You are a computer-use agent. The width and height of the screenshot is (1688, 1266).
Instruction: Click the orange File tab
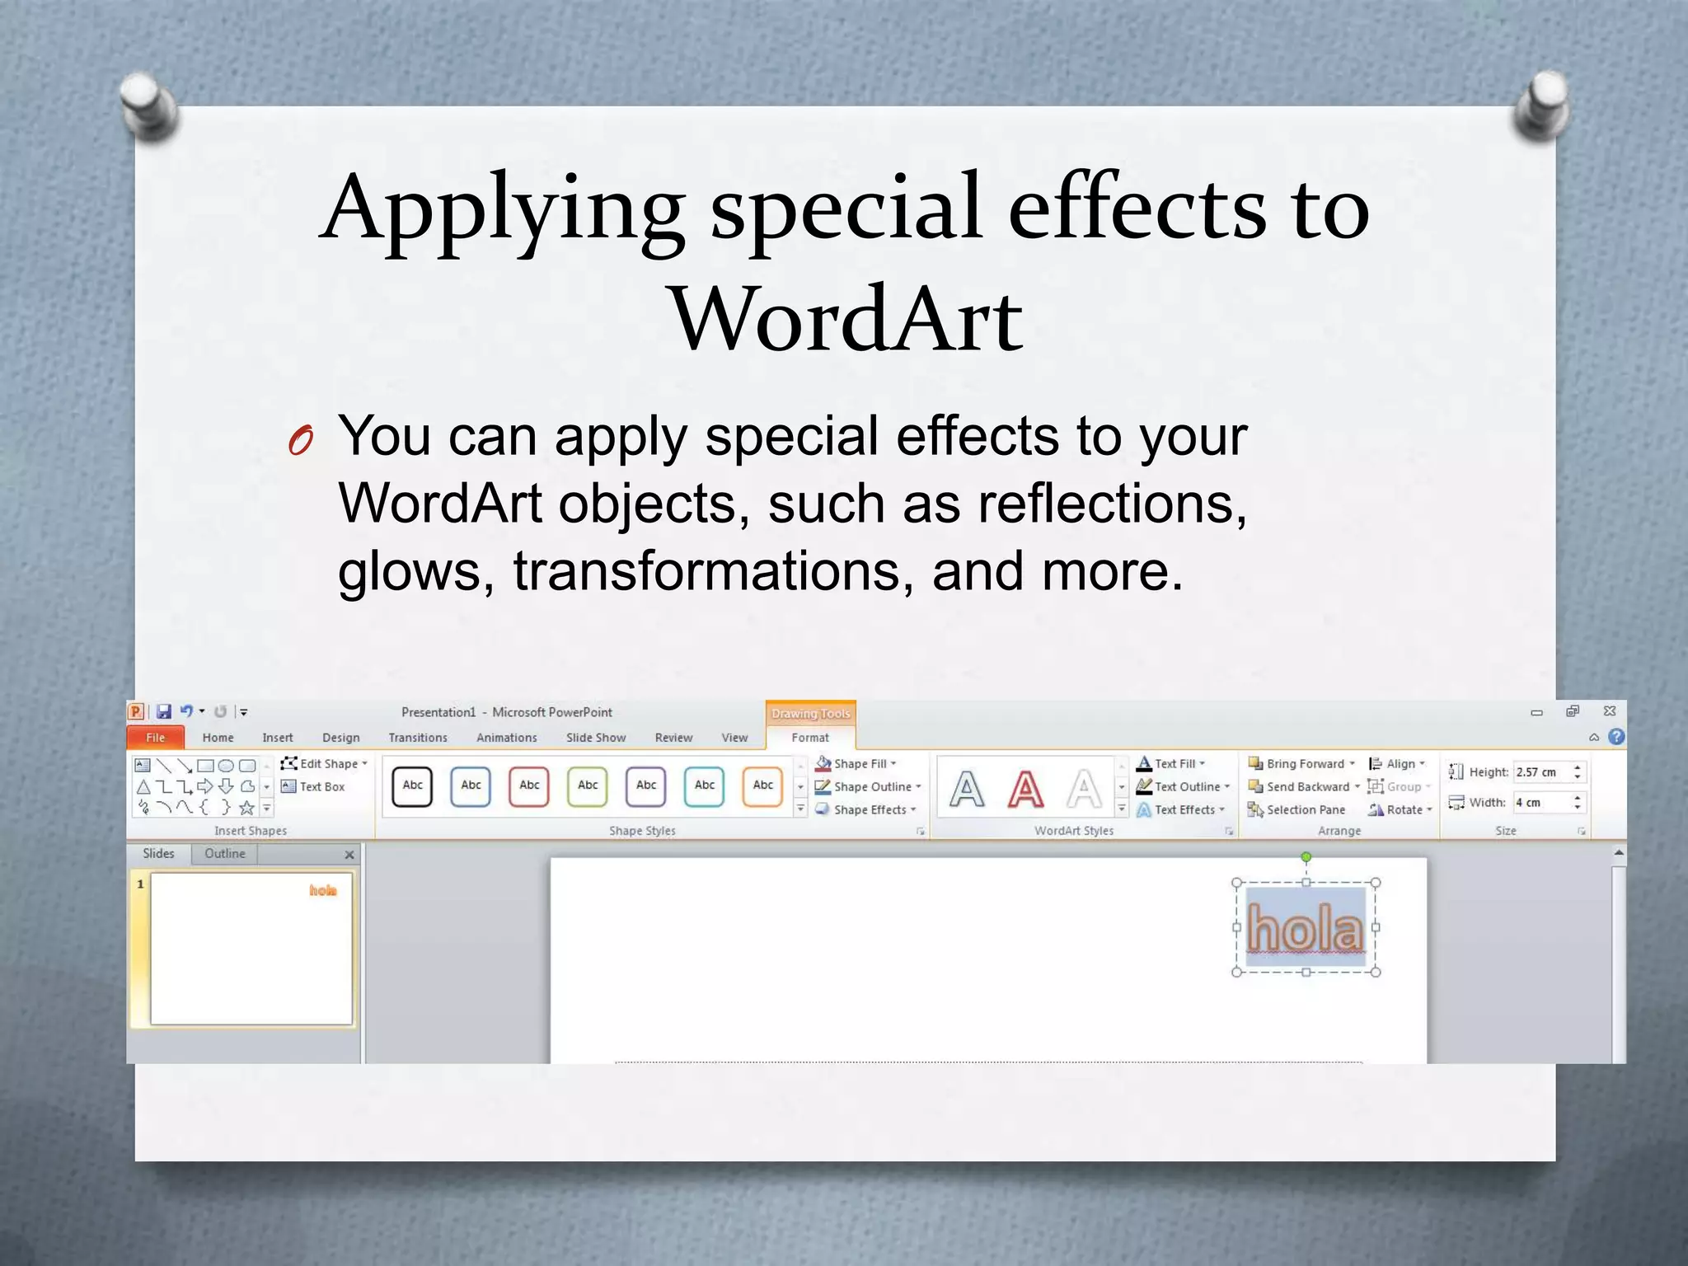155,738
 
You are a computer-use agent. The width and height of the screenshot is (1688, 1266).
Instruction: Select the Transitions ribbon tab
418,738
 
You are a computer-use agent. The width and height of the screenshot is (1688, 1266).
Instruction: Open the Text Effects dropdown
1184,810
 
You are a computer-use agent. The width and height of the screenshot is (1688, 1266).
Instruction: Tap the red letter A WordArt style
1025,789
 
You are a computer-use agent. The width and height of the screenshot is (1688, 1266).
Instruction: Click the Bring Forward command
1302,764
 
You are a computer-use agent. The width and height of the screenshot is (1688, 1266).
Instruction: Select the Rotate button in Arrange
1401,810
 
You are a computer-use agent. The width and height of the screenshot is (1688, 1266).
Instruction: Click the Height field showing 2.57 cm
1540,772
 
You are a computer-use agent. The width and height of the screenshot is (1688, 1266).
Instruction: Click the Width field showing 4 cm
1540,803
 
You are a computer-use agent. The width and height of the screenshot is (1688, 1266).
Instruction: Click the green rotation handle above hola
1306,857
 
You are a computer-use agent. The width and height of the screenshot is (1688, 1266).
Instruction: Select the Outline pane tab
225,854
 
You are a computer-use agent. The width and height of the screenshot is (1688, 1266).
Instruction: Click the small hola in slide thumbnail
323,890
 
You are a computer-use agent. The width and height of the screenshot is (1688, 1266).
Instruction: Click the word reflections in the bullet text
1112,504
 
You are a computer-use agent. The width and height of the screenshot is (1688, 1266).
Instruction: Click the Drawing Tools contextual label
810,714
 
